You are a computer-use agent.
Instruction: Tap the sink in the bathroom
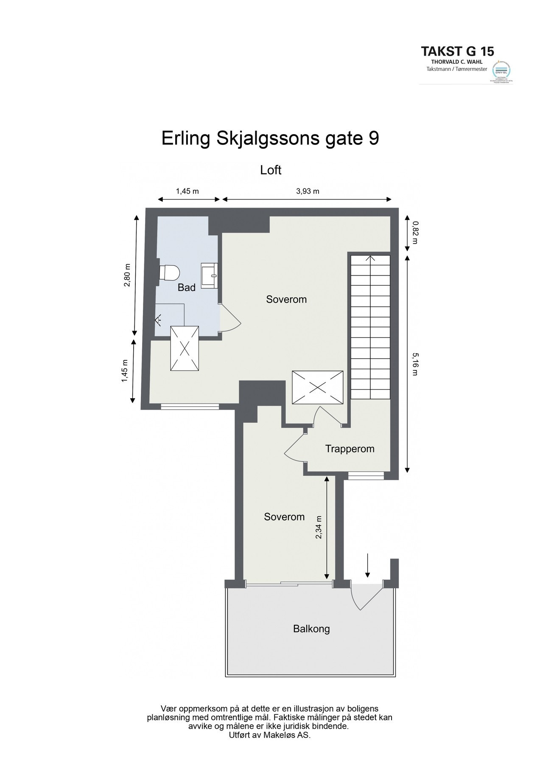210,275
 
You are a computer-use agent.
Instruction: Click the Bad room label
186,288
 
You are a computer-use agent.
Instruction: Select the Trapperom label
350,449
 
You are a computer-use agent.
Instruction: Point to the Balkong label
311,629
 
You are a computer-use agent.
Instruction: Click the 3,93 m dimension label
307,191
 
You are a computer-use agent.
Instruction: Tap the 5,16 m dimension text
414,365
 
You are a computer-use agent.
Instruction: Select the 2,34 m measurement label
319,527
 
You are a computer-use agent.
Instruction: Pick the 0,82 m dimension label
414,233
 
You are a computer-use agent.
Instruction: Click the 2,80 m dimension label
127,275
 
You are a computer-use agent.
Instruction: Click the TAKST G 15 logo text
457,51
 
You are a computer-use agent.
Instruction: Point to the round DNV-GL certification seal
501,70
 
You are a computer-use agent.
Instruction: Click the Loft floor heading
271,170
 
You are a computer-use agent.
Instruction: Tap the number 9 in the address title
372,139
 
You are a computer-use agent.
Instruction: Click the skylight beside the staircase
317,387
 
